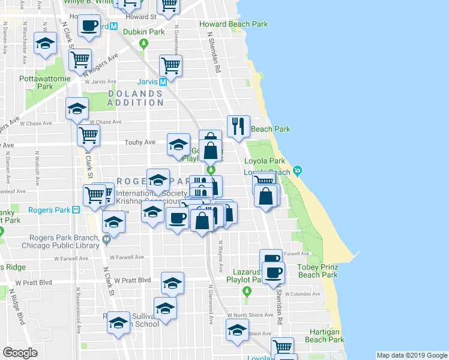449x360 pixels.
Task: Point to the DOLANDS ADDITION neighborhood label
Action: (135, 98)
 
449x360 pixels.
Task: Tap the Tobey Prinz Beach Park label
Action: (314, 270)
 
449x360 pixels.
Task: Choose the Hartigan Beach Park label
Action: (324, 335)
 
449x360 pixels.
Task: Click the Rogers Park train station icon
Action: (76, 210)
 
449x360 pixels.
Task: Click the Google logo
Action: (20, 353)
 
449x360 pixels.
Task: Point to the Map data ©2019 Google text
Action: (411, 355)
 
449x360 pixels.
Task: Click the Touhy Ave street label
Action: (140, 142)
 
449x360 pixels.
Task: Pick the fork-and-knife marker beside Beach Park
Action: (238, 125)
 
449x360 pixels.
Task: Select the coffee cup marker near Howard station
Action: (89, 26)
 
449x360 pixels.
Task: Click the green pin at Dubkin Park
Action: (143, 43)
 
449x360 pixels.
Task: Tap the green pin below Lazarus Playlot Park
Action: (247, 291)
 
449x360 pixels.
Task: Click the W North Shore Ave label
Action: (252, 315)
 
